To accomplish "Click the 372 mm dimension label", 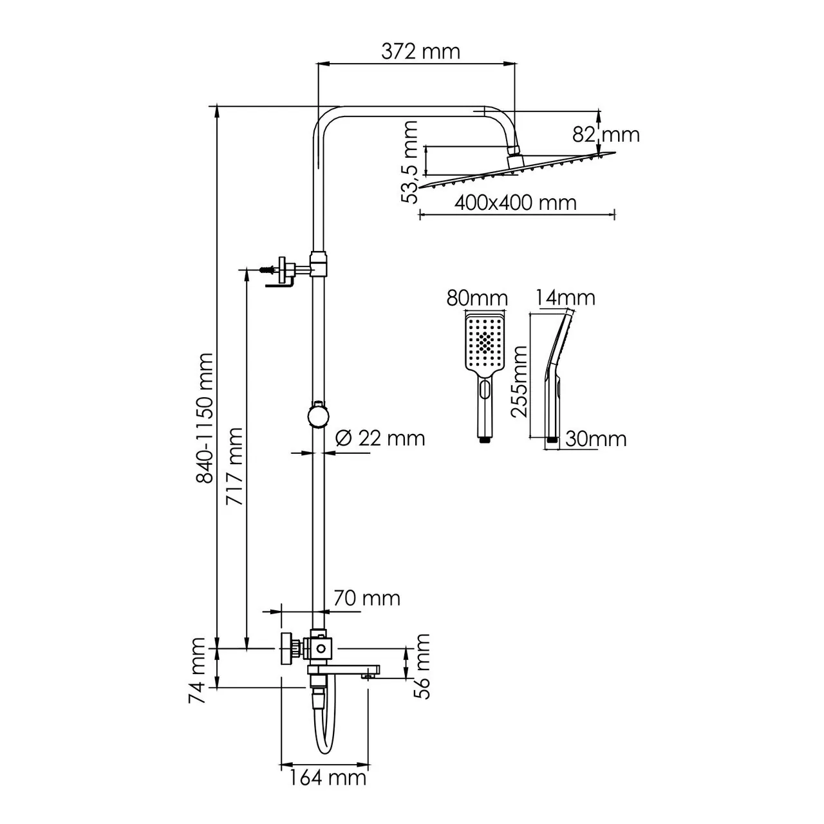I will click(x=420, y=51).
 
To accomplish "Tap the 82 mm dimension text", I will click(x=606, y=135).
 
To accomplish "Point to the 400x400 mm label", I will click(x=515, y=202).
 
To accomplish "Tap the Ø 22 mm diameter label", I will click(x=380, y=438).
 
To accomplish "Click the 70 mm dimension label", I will click(x=366, y=598).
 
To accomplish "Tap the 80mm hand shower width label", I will click(x=476, y=298).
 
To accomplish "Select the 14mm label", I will click(x=565, y=297).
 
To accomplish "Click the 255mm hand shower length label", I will click(x=518, y=381).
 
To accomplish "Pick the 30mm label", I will click(x=595, y=438).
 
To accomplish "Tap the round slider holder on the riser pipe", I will click(x=318, y=415).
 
